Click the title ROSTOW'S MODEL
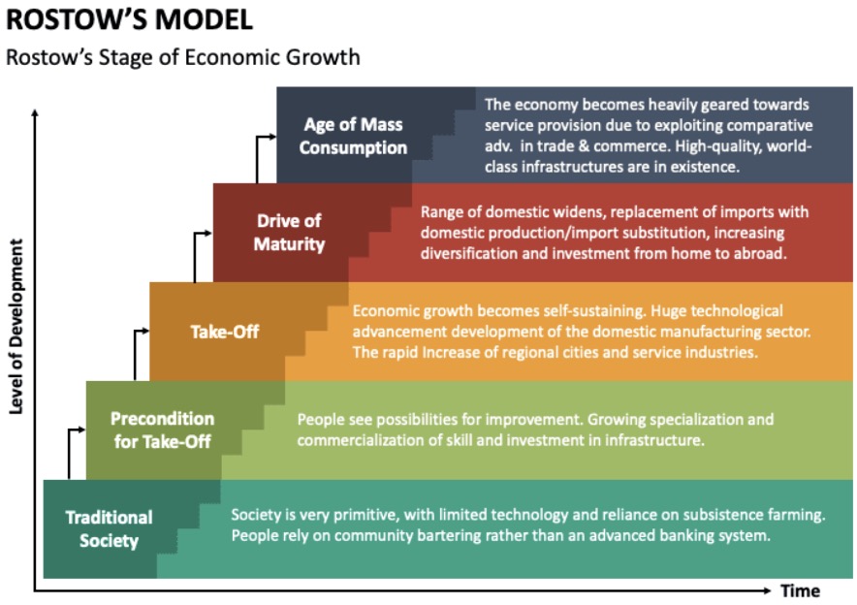click(x=129, y=19)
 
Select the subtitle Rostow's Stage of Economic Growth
click(x=182, y=57)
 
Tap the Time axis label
click(x=800, y=590)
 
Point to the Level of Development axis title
click(x=16, y=327)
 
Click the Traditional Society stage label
click(x=109, y=528)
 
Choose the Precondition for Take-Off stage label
click(x=162, y=430)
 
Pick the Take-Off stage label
click(x=225, y=332)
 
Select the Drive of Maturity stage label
click(x=289, y=233)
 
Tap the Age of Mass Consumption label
click(x=353, y=136)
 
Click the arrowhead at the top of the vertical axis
click(x=35, y=112)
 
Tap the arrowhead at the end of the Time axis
click(x=767, y=590)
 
